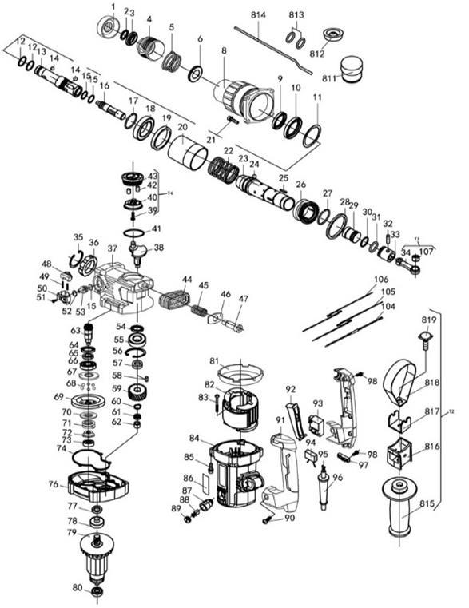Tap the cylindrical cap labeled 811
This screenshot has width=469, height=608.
pyautogui.click(x=352, y=69)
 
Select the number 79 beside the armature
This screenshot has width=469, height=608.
pyautogui.click(x=72, y=533)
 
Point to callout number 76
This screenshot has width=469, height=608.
pyautogui.click(x=54, y=484)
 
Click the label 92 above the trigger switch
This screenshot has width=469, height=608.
pyautogui.click(x=291, y=390)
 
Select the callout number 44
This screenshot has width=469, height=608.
pyautogui.click(x=186, y=280)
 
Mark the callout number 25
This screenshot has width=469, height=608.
pyautogui.click(x=283, y=177)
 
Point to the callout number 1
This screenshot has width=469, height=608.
pyautogui.click(x=113, y=7)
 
